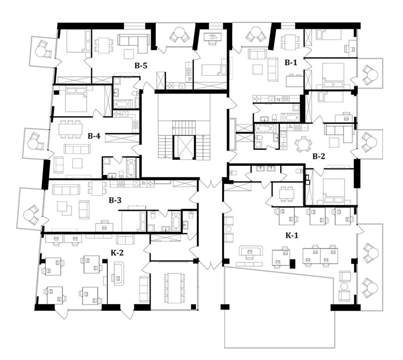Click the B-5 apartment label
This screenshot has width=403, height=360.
141,66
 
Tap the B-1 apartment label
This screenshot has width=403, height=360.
291,62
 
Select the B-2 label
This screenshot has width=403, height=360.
319,156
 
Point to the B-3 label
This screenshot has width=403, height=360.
115,200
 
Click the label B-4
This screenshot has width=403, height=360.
94,136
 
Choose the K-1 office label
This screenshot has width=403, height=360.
292,235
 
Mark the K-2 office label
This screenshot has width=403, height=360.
117,253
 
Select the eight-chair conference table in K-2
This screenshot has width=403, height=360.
174,288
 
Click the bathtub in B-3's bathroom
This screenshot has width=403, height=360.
176,221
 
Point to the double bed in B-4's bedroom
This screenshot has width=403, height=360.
76,99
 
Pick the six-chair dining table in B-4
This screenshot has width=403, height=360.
71,129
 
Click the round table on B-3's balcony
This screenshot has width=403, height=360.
29,213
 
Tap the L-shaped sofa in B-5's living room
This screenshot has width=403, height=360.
133,41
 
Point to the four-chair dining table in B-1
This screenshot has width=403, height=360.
290,42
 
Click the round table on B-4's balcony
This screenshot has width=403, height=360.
33,143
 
